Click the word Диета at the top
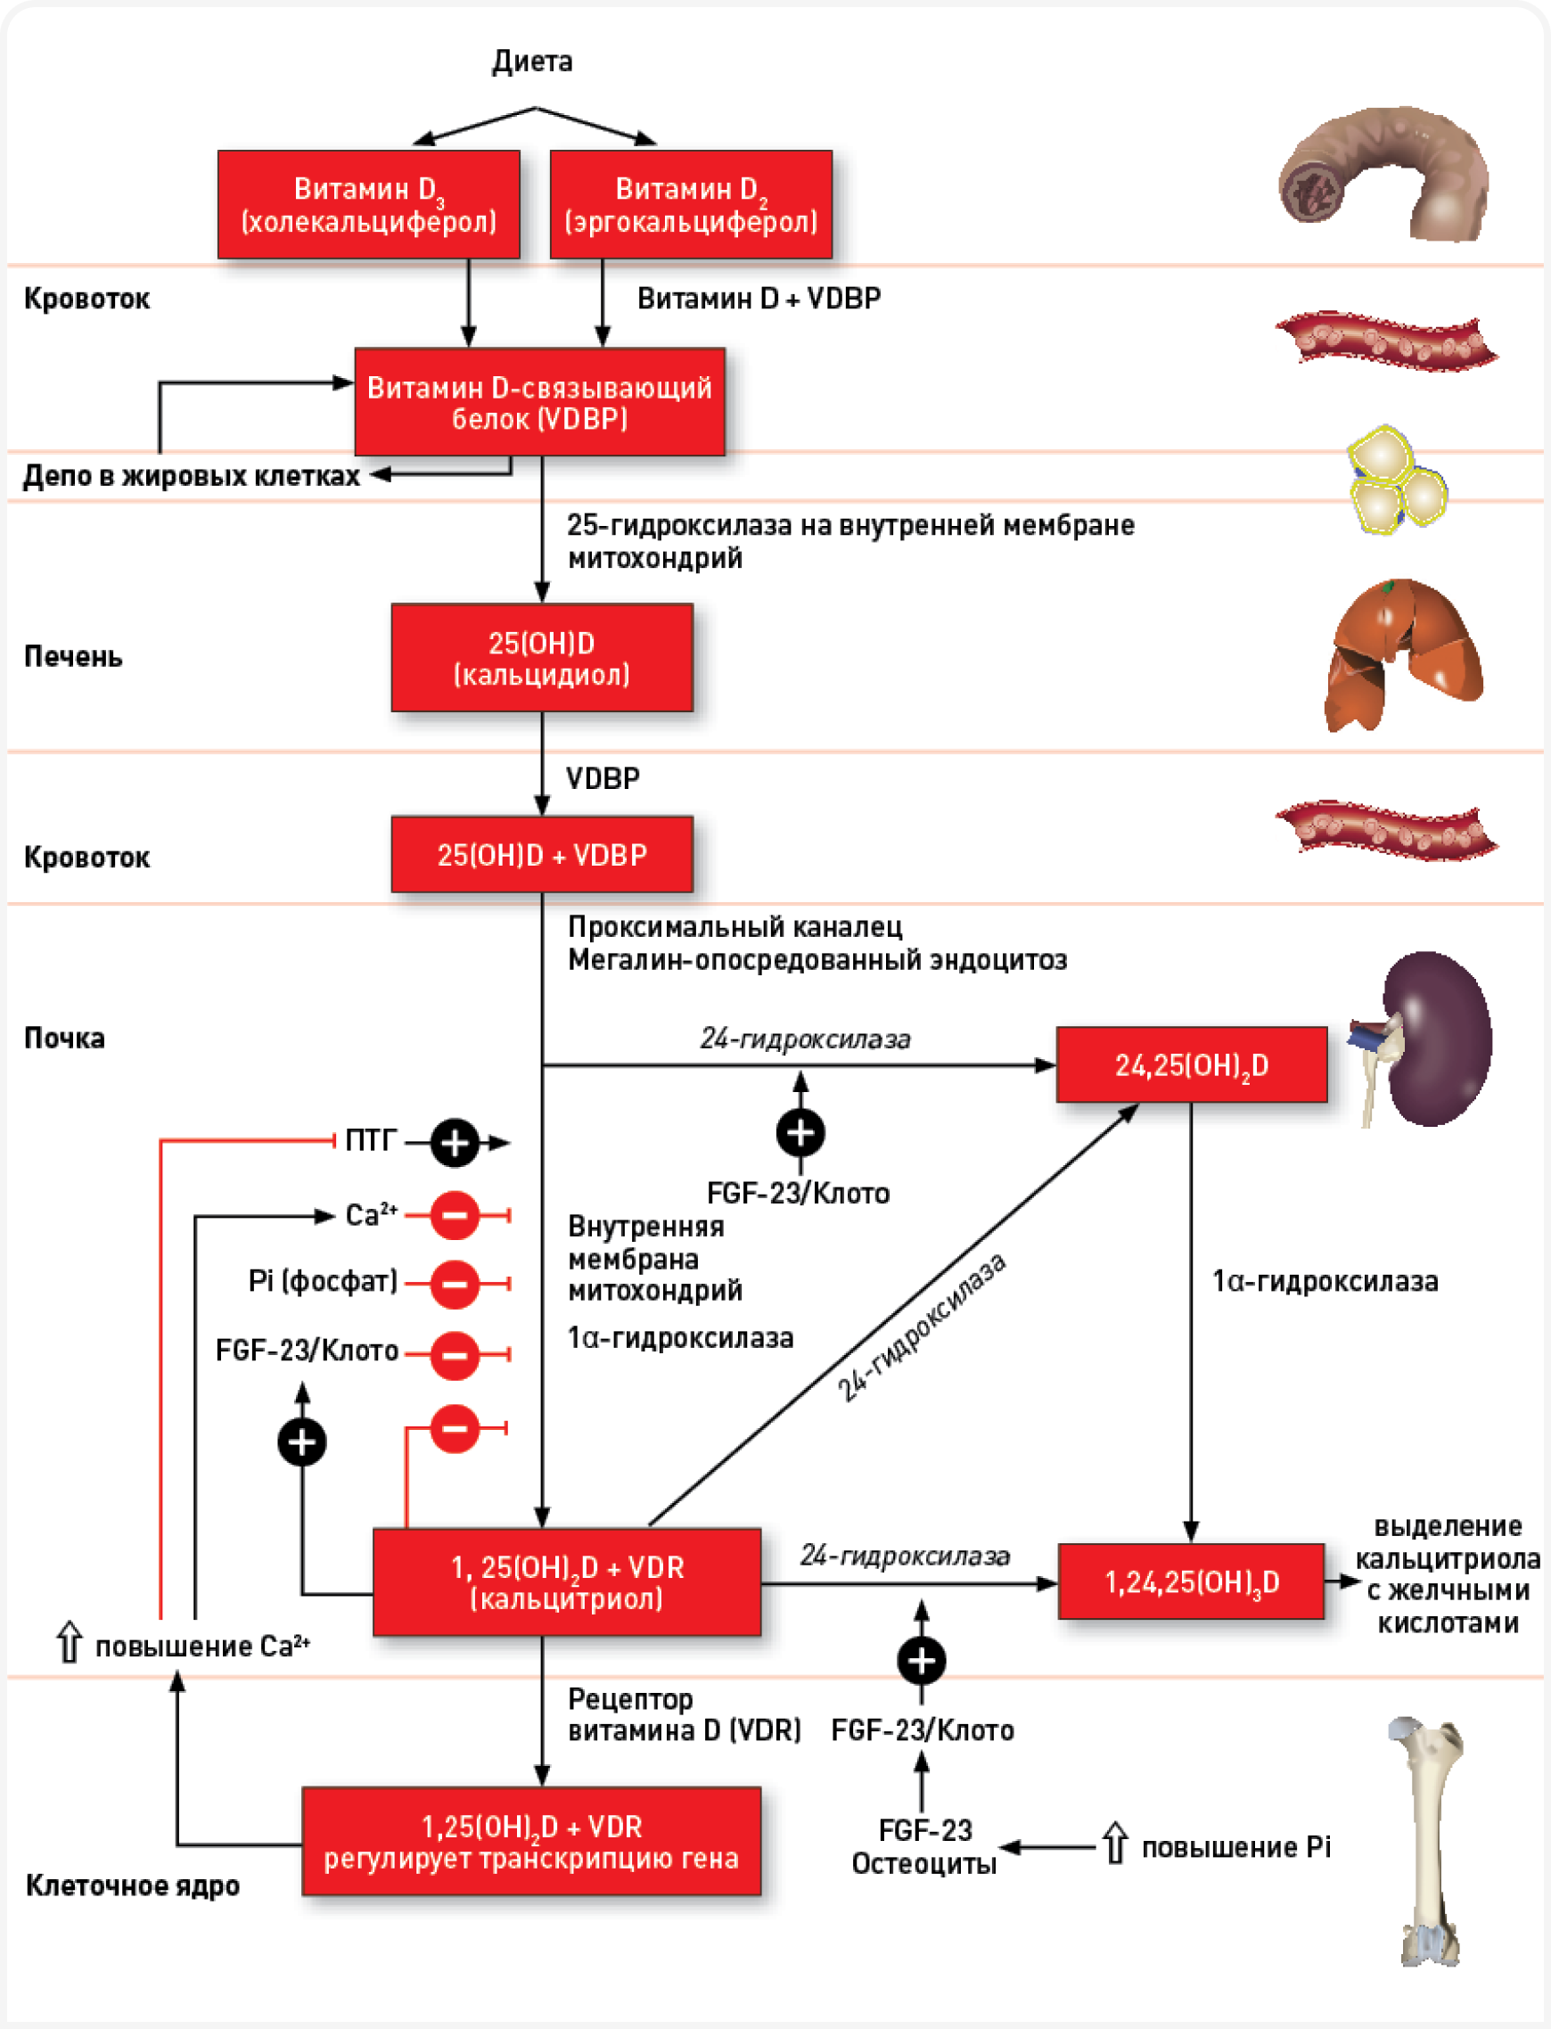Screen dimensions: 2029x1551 532,62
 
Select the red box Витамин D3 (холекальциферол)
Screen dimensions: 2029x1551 368,204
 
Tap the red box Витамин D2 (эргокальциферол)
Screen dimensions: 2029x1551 691,204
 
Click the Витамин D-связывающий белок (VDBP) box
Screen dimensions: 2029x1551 539,401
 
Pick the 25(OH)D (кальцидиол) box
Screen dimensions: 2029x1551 542,657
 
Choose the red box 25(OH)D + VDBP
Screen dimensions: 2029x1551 542,854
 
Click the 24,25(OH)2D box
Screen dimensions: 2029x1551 1191,1064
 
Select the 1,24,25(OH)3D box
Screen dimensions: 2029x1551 1191,1581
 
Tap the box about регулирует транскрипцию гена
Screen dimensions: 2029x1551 531,1842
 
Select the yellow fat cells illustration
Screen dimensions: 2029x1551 1394,478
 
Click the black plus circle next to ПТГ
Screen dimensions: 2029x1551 455,1143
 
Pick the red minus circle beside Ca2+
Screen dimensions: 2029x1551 455,1215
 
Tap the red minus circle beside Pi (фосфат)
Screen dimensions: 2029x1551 455,1283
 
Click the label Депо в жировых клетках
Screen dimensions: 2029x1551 191,475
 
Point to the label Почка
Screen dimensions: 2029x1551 64,1038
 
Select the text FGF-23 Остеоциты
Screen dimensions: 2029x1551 924,1846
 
